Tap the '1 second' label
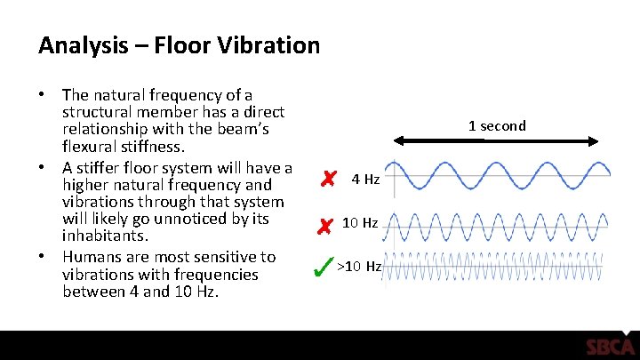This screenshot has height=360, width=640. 497,125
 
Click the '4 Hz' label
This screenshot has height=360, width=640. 365,180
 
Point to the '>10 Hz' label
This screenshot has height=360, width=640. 360,266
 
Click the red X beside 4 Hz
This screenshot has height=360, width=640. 328,180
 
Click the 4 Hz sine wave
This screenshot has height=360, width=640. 502,175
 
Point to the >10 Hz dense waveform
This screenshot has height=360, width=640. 502,268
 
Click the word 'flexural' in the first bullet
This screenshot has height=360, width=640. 90,146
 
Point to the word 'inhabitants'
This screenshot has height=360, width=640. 103,237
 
